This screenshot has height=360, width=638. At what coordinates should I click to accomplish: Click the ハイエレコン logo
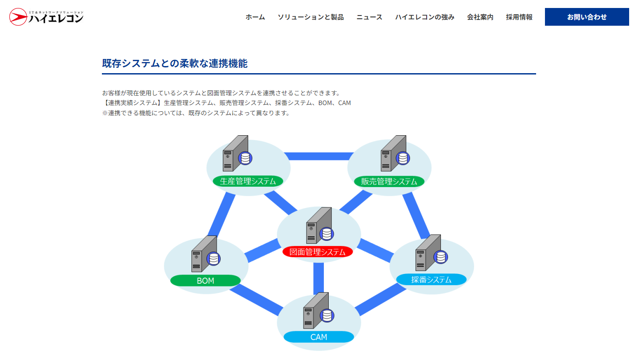click(x=47, y=17)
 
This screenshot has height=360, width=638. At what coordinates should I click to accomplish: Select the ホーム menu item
click(x=255, y=17)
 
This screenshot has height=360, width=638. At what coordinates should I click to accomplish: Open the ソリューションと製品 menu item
click(x=311, y=17)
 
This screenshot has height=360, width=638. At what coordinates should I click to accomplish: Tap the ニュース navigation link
click(x=369, y=17)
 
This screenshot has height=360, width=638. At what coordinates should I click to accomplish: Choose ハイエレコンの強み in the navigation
click(x=424, y=17)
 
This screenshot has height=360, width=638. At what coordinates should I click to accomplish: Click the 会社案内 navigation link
click(x=480, y=17)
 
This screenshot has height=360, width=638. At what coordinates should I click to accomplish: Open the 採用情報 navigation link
click(x=519, y=17)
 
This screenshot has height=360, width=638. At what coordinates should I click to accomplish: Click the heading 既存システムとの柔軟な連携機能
click(x=175, y=63)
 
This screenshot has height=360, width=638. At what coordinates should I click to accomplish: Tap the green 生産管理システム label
click(x=248, y=181)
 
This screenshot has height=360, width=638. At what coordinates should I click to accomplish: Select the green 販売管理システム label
click(x=389, y=181)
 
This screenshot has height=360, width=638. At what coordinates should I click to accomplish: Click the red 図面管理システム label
click(x=317, y=252)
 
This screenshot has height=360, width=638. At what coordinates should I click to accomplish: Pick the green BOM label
click(x=205, y=281)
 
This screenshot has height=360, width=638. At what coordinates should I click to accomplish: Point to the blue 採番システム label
click(x=431, y=279)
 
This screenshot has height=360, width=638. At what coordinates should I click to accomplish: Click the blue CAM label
click(x=319, y=337)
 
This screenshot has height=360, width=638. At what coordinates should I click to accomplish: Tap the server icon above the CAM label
click(x=315, y=311)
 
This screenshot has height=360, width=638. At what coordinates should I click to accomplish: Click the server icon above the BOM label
click(x=203, y=254)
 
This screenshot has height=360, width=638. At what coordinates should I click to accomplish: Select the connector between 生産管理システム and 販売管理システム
click(x=319, y=156)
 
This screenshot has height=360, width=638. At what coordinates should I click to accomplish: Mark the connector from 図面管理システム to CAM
click(x=318, y=278)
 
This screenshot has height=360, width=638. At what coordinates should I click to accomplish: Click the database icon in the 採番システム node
click(x=440, y=257)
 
